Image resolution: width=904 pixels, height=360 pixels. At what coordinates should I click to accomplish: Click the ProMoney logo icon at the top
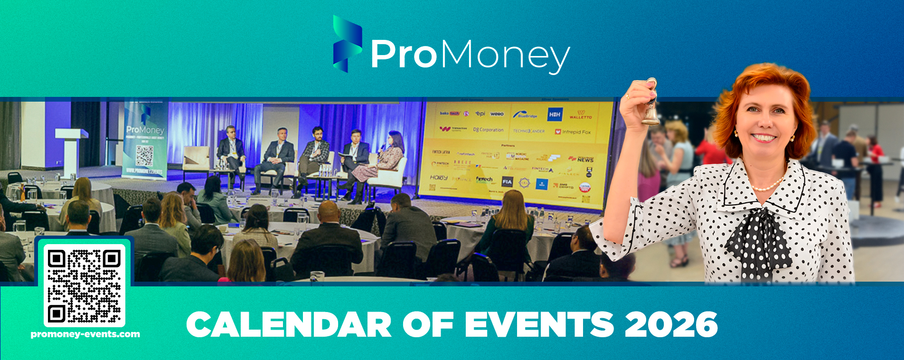(347, 44)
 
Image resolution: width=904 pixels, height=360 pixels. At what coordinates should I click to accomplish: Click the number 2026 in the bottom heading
(670, 324)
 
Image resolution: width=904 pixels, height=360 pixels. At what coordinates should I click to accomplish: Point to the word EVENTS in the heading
(539, 324)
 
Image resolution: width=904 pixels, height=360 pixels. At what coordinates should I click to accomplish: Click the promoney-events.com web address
(85, 334)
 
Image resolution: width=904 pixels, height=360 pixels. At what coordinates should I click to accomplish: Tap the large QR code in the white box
(85, 285)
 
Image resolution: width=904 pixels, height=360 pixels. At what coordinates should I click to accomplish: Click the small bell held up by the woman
(651, 107)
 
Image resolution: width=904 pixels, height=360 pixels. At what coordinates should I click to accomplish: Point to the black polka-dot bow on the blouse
(758, 237)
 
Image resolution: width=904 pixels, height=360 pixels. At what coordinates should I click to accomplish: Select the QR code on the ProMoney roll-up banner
(144, 155)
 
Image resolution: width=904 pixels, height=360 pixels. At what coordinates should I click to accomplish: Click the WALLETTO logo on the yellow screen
(580, 114)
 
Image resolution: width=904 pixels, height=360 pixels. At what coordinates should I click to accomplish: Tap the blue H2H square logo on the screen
(555, 114)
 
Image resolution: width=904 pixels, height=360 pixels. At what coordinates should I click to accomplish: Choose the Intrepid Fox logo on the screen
(573, 132)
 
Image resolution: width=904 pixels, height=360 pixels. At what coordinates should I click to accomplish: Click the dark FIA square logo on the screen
(507, 181)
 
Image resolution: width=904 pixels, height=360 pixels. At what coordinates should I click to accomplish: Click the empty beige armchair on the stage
(196, 159)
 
